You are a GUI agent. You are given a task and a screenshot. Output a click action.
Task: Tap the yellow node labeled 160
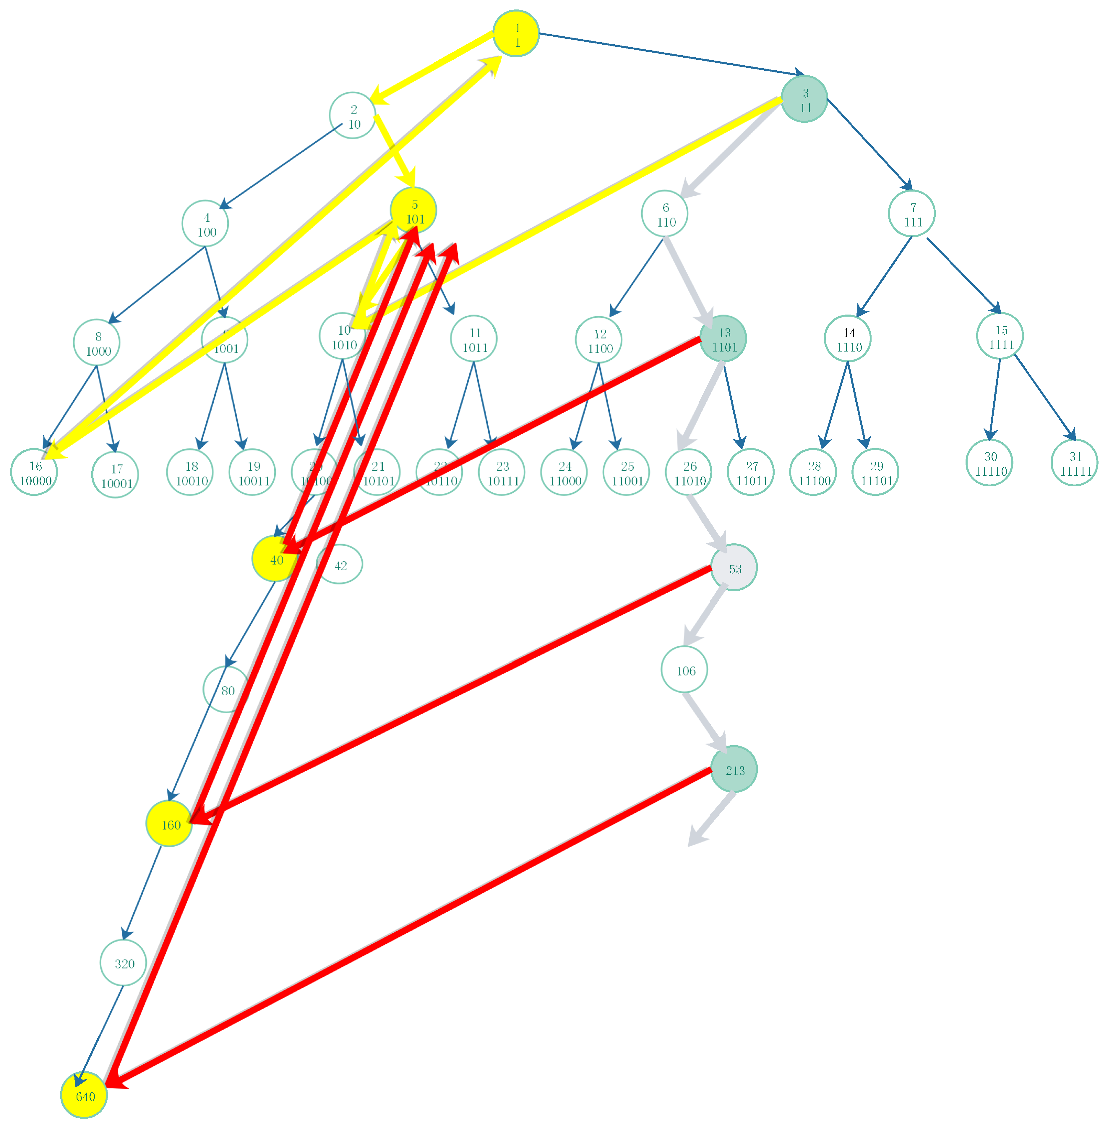(x=169, y=824)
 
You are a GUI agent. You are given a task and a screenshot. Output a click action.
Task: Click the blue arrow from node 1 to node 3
(x=669, y=54)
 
